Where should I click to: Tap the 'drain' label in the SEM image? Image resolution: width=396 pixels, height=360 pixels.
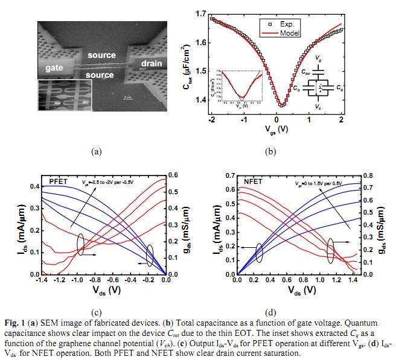[x=152, y=63]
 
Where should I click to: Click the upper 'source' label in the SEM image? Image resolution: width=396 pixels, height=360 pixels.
[x=101, y=55]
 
